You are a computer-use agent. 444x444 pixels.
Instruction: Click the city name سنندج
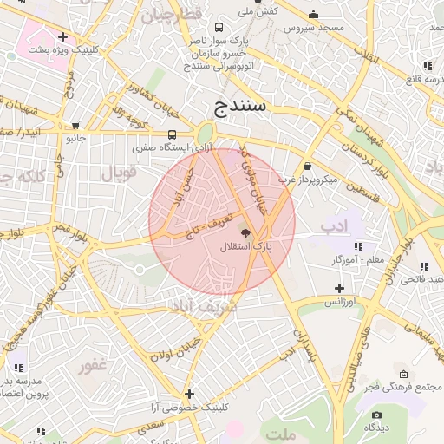(x=243, y=108)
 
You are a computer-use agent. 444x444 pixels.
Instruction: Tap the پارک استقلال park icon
(x=245, y=233)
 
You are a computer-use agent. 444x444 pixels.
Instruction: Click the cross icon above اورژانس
(x=338, y=288)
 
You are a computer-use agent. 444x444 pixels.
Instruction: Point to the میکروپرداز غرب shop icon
(x=307, y=166)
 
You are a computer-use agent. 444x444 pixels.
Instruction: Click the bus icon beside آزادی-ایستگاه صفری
(x=173, y=134)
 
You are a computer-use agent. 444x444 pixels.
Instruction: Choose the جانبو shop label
(x=76, y=138)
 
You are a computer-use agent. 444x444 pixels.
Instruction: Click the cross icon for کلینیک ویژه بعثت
(x=62, y=36)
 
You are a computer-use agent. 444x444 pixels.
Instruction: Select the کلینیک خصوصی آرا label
(x=188, y=407)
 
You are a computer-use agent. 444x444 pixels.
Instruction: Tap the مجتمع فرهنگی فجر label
(x=411, y=386)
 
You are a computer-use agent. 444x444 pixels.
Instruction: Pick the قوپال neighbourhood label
(x=120, y=173)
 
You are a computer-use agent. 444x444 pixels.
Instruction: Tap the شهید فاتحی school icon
(x=424, y=265)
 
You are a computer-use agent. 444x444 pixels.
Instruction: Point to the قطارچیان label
(x=172, y=15)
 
